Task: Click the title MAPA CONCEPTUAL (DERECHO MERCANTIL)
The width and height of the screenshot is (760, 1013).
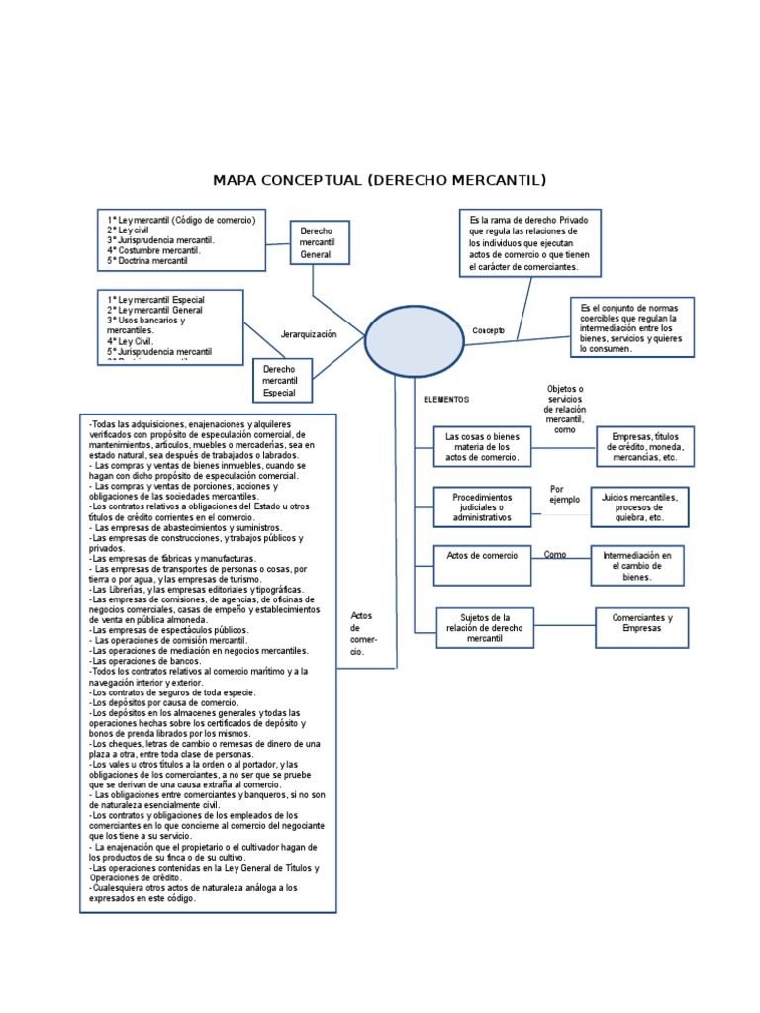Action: [380, 180]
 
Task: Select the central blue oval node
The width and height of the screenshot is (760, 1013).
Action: [414, 340]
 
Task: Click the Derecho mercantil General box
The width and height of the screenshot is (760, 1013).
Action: [318, 243]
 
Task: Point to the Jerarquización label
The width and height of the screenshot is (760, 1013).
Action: [309, 334]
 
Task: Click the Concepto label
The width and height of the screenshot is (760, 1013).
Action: [488, 330]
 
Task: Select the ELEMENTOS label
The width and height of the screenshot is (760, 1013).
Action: [446, 400]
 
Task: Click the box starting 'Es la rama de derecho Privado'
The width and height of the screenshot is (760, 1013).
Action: [529, 241]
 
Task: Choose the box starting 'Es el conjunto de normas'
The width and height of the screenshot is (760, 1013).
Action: [631, 326]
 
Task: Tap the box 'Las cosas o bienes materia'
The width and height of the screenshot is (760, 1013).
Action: [482, 446]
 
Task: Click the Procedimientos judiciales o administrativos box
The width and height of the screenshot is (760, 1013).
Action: [482, 506]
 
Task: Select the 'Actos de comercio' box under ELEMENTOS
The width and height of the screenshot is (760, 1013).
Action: [482, 565]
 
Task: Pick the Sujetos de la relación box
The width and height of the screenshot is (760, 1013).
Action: [485, 627]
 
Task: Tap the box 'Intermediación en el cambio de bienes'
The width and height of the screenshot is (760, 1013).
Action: [637, 565]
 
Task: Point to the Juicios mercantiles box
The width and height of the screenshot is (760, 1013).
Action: [639, 506]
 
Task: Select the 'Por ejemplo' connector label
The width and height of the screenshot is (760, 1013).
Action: [565, 494]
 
